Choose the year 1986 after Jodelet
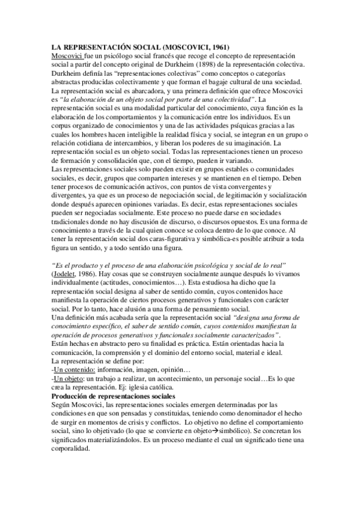tap(90, 274)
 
